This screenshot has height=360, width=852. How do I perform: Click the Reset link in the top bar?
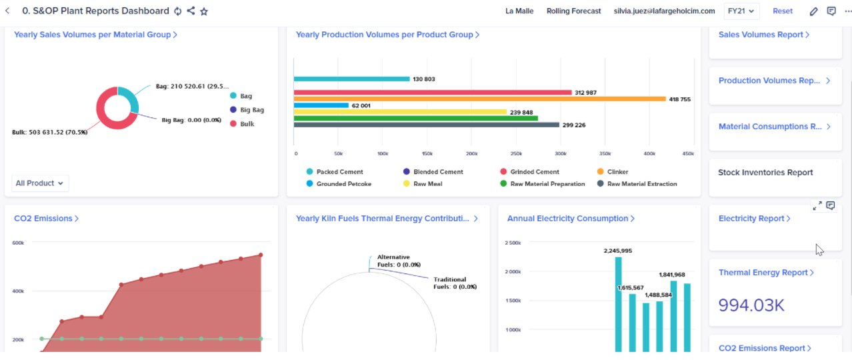pyautogui.click(x=783, y=11)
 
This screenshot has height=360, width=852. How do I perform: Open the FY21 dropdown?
pyautogui.click(x=741, y=11)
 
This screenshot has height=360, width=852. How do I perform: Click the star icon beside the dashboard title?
pyautogui.click(x=204, y=11)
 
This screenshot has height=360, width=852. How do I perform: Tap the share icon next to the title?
pyautogui.click(x=191, y=11)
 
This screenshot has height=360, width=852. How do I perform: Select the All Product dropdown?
pyautogui.click(x=40, y=183)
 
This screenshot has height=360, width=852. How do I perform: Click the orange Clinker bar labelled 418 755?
pyautogui.click(x=479, y=99)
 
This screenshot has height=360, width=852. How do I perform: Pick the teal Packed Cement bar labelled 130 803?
pyautogui.click(x=351, y=79)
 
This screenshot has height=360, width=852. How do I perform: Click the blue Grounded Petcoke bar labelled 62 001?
pyautogui.click(x=321, y=105)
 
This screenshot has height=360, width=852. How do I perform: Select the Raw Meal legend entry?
pyautogui.click(x=423, y=184)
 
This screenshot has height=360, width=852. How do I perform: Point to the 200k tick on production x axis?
pyautogui.click(x=471, y=154)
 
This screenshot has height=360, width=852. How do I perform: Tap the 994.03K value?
pyautogui.click(x=751, y=305)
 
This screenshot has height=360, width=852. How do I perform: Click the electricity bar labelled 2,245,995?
pyautogui.click(x=619, y=305)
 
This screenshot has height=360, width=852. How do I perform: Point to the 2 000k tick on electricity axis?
pyautogui.click(x=513, y=272)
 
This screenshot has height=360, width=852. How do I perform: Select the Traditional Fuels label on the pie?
pyautogui.click(x=455, y=283)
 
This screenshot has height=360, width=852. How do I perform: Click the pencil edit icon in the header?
pyautogui.click(x=813, y=11)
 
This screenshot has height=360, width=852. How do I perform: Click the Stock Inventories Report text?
pyautogui.click(x=765, y=173)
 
